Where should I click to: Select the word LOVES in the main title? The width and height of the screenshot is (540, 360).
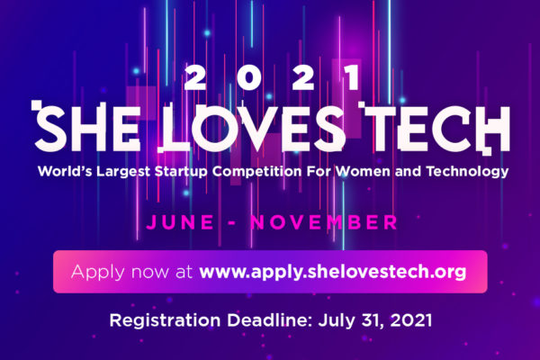click(x=252, y=128)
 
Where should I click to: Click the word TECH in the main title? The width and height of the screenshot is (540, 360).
click(x=434, y=128)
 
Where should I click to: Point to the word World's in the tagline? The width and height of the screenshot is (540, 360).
click(x=65, y=171)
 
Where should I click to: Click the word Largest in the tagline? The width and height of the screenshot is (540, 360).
click(x=123, y=172)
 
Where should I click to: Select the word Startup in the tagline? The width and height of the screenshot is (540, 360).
click(x=181, y=172)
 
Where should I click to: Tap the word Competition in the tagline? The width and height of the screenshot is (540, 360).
click(x=256, y=171)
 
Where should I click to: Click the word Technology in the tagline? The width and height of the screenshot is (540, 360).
click(x=468, y=172)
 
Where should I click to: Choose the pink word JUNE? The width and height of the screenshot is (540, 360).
click(x=180, y=222)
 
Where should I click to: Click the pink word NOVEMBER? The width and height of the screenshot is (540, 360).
click(x=324, y=222)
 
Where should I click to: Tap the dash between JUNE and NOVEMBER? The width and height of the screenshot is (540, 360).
click(x=232, y=223)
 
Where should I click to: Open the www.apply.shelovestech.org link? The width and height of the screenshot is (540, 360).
click(x=333, y=272)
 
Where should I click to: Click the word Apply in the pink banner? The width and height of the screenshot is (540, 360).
click(x=98, y=272)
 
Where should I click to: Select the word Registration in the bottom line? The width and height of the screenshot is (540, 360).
click(x=166, y=320)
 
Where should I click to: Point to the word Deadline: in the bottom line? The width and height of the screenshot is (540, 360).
click(x=269, y=320)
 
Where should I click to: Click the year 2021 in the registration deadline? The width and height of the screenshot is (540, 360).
click(x=411, y=320)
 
